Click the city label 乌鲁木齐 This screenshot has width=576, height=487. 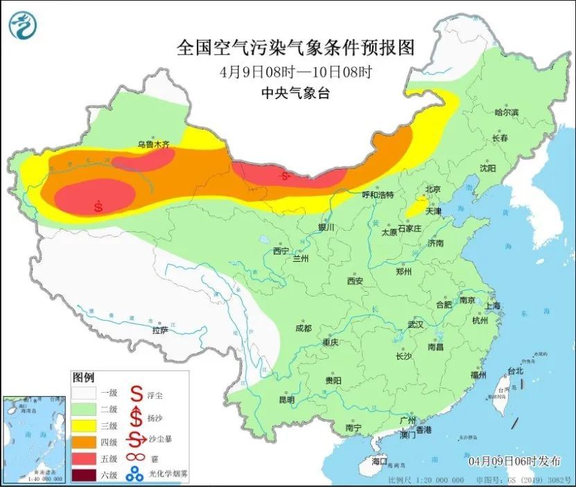tap(152, 145)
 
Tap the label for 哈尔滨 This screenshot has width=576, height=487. tap(506, 112)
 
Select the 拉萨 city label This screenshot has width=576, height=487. tap(160, 330)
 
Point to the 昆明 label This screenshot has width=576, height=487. tap(286, 400)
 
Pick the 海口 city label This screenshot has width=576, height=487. tap(379, 461)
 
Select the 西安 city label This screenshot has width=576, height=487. tap(355, 281)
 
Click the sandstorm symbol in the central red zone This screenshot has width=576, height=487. tap(284, 176)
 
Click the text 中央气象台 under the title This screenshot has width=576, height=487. tap(295, 94)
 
